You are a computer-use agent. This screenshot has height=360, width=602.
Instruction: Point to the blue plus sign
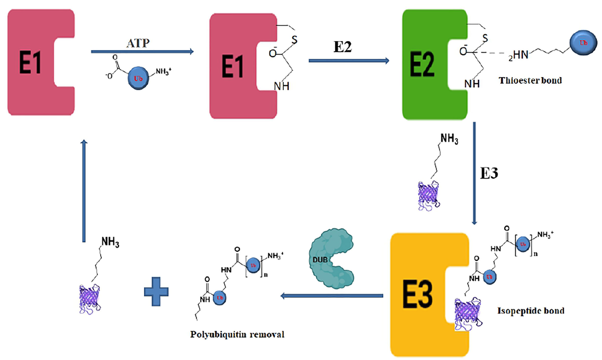click(156, 291)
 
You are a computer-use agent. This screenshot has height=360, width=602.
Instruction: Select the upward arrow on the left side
click(84, 191)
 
